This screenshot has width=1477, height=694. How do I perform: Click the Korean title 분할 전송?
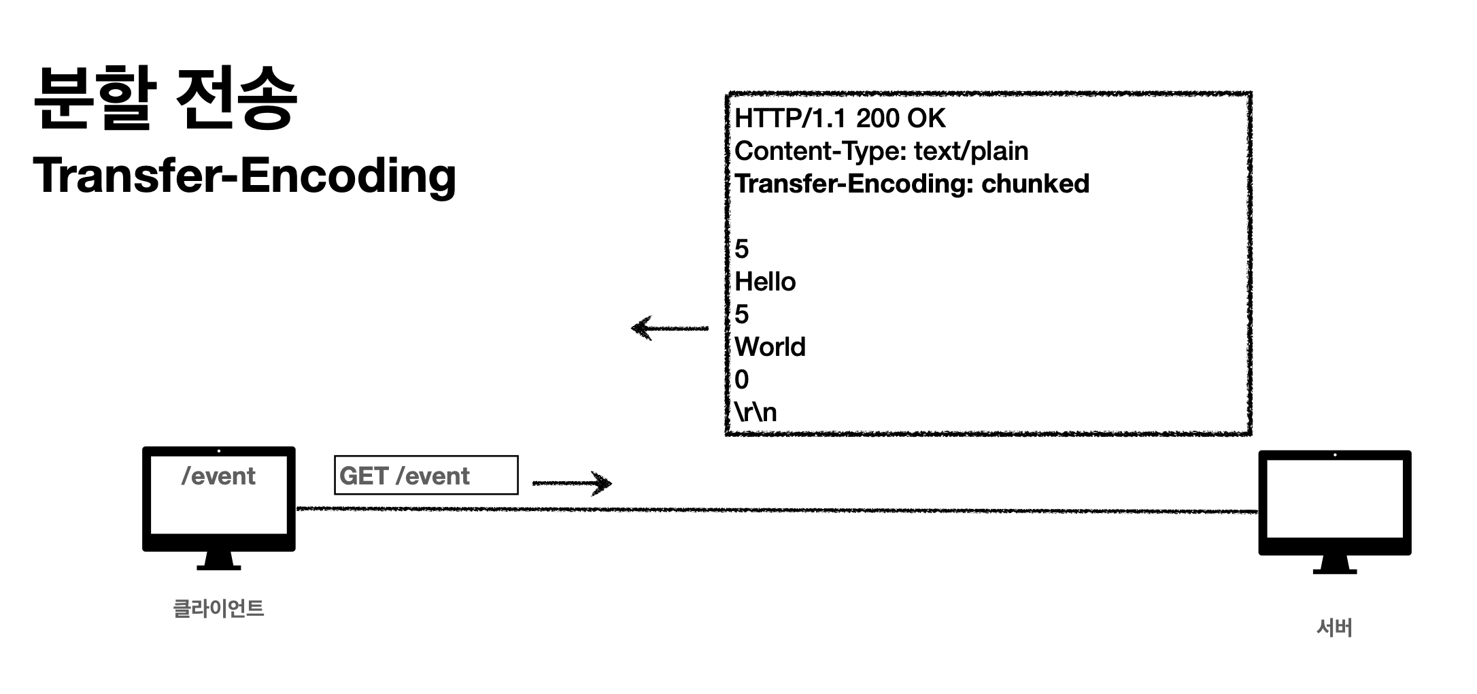[165, 99]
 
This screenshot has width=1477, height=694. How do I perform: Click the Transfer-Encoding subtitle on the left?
[244, 176]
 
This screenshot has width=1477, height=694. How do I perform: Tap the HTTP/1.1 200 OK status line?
[839, 118]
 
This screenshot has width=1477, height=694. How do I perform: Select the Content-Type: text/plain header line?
[881, 151]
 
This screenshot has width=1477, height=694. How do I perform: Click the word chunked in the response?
[1035, 184]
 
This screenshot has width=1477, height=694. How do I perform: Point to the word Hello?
[765, 282]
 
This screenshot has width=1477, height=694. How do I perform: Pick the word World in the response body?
[770, 347]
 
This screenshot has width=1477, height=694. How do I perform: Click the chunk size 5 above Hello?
[741, 249]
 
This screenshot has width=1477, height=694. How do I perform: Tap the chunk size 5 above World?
[741, 314]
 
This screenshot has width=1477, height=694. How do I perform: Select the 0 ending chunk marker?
[741, 380]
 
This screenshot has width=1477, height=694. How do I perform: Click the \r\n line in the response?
[755, 412]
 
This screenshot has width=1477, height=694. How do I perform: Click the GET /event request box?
[426, 475]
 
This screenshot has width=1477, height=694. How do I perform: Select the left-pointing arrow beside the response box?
[669, 328]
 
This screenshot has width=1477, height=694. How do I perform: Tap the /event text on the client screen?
[218, 476]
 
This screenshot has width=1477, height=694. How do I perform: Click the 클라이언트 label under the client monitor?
[218, 608]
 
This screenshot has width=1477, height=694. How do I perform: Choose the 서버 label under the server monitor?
[1334, 627]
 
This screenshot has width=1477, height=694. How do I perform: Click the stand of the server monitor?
[1334, 565]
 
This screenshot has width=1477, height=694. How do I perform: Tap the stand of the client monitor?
[218, 561]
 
